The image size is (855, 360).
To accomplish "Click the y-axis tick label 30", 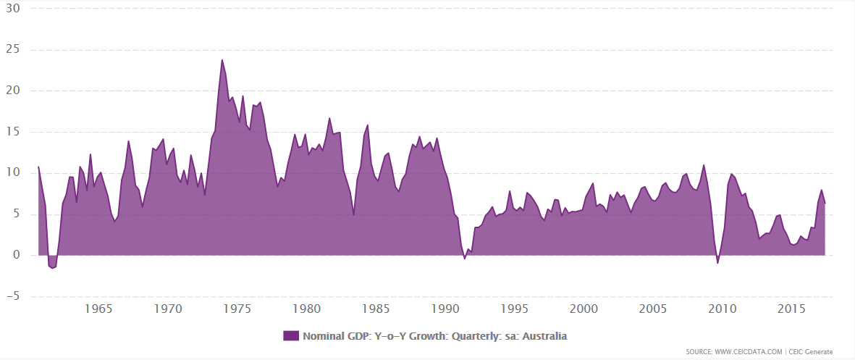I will pos(13,9).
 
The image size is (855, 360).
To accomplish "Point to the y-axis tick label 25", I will pos(13,50).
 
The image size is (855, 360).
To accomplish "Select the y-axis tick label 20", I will pos(13,91).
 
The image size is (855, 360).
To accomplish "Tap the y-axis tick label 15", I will pos(13,133).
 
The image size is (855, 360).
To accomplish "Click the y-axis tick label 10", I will pos(13,173).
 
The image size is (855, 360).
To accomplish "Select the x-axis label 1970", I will pos(168,309).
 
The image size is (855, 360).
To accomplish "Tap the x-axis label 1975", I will pos(237,309).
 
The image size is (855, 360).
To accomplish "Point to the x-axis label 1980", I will pos(307,309).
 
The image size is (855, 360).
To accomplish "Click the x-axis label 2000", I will pos(584,309).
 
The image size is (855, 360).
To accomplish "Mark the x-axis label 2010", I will pos(723,309).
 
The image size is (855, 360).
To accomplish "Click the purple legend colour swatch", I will pos(290,336).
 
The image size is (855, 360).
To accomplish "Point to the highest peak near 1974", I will pos(222,59).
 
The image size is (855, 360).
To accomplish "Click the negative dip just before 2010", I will pos(717,263).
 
